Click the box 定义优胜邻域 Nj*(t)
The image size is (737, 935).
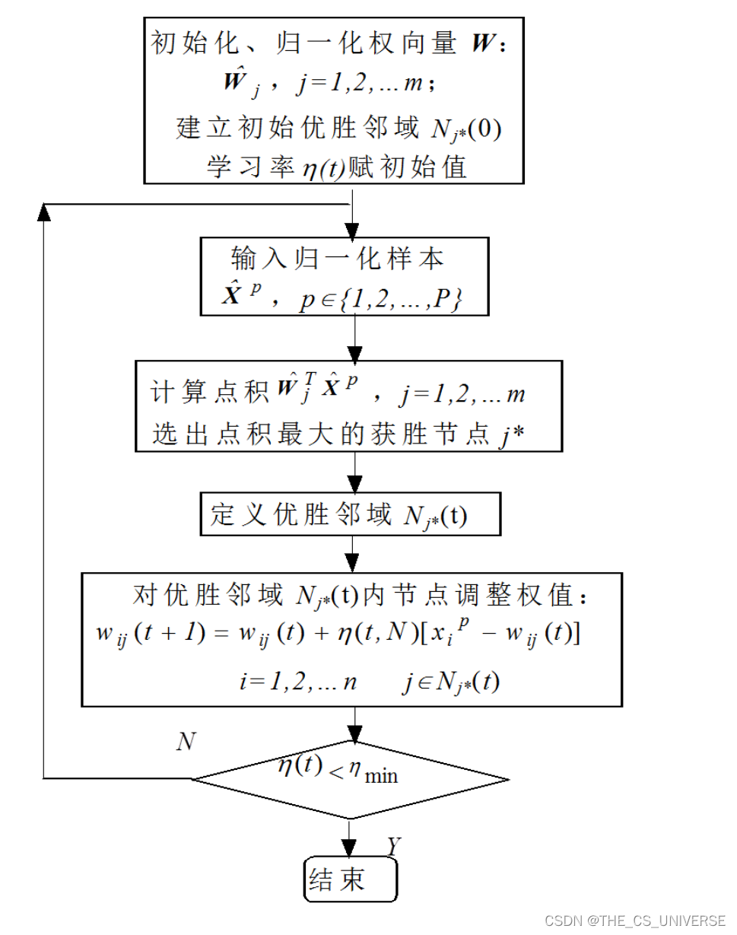pos(351,515)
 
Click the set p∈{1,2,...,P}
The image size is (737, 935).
pos(381,299)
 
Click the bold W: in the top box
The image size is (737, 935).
pos(488,43)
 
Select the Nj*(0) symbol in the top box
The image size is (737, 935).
pos(463,129)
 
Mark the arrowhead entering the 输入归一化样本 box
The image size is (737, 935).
pos(351,230)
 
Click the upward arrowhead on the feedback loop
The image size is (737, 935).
pos(45,213)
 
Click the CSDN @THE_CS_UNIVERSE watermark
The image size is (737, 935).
pos(635,921)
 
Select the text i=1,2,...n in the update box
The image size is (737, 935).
pos(297,682)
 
